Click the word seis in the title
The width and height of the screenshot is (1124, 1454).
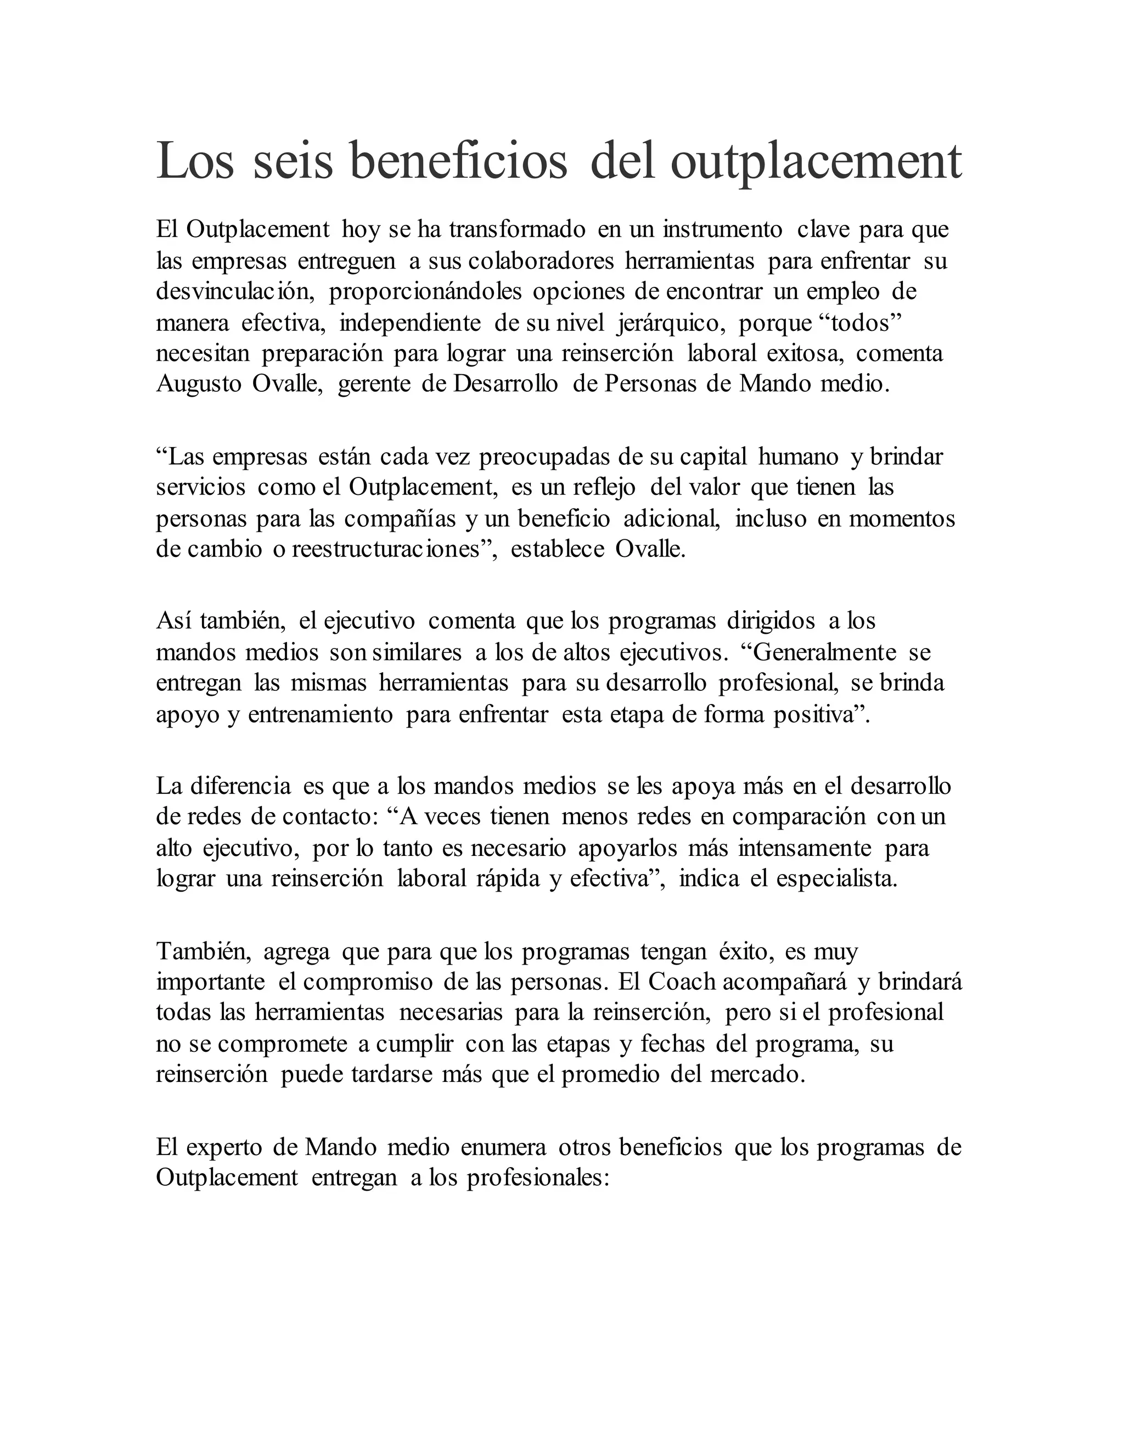tap(293, 161)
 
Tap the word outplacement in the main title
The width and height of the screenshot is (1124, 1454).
tap(816, 161)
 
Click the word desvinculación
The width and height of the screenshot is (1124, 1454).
tap(235, 291)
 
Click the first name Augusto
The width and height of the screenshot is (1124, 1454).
tap(199, 385)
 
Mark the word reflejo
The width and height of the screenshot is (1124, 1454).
tap(603, 487)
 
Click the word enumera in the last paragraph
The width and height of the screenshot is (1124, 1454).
tap(503, 1147)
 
